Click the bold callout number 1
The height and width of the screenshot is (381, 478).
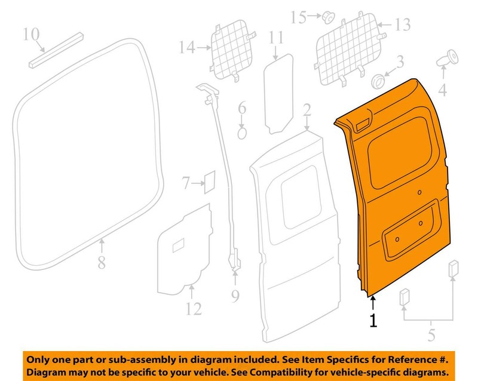tap(373, 321)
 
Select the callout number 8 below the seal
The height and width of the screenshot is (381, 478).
tap(102, 262)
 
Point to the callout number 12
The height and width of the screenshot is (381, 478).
tap(194, 309)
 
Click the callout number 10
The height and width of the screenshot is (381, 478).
tap(32, 34)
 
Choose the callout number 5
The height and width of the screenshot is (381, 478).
tap(431, 334)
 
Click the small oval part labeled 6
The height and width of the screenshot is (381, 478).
tap(242, 133)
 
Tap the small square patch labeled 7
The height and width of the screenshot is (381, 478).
tap(210, 182)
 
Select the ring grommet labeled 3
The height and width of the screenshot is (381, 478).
tap(378, 81)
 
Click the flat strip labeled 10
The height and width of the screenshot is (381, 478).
tap(56, 50)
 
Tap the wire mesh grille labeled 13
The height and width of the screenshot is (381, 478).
tap(350, 49)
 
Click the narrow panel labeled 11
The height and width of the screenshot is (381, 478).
tap(278, 94)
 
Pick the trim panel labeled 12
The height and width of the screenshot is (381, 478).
tap(185, 250)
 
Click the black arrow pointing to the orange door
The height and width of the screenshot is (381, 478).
tap(373, 304)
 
